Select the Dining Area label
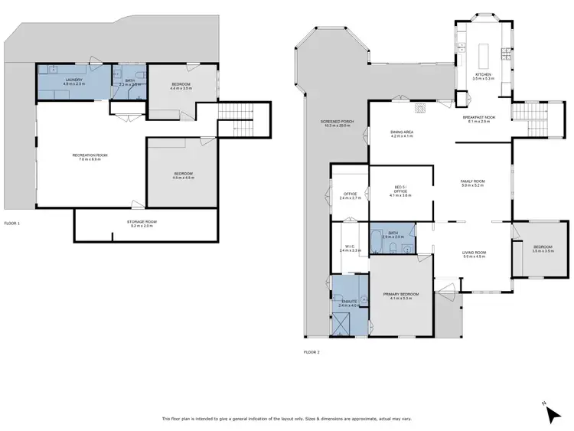coord(402,134)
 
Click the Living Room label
coord(475,254)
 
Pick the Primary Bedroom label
coord(401,296)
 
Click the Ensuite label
coord(348,304)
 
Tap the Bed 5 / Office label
coord(402,192)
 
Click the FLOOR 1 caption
coord(12,224)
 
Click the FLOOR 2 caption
coord(312,352)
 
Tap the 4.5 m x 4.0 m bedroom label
coord(184,175)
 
